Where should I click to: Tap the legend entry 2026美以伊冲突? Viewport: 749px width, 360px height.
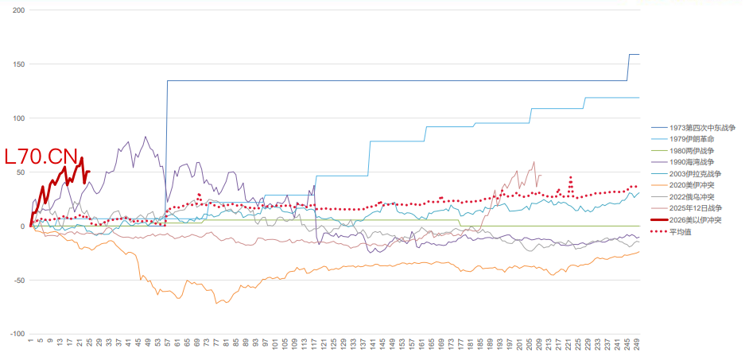pos(694,220)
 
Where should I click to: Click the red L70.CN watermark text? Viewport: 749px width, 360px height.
pos(41,157)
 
